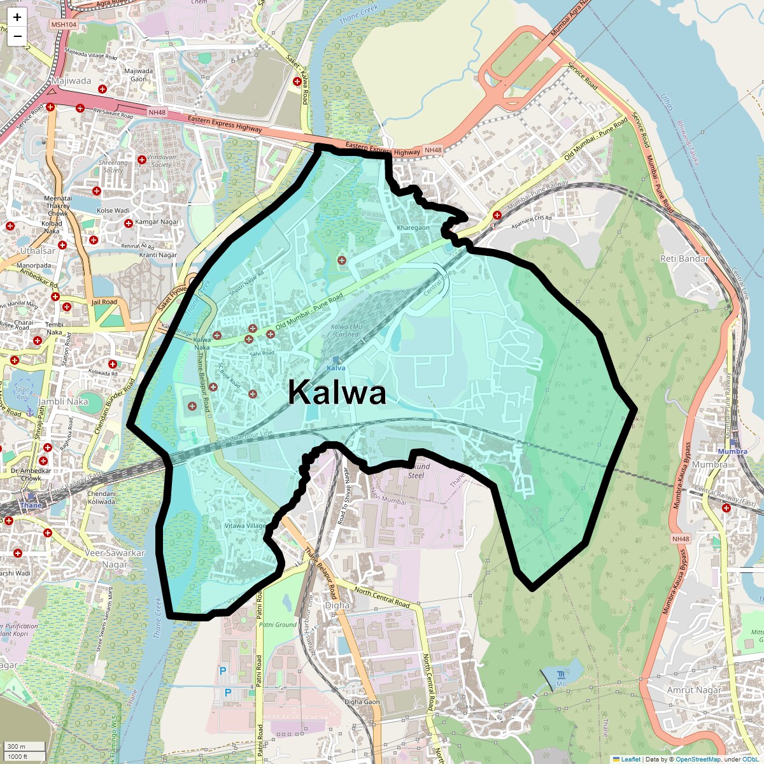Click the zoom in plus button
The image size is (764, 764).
pos(17,18)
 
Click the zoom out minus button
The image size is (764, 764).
pos(17,36)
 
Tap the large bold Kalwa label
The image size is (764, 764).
pos(337,393)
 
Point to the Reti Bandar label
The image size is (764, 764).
pos(684,258)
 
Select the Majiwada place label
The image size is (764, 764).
pos(71,81)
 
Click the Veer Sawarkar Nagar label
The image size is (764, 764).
pos(115,558)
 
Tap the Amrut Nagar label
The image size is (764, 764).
pos(694,690)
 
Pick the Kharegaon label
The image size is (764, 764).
pos(413,228)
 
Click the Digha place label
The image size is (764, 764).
pos(337,605)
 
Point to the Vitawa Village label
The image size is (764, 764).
pos(245,526)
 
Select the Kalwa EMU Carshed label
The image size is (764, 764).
pos(347,330)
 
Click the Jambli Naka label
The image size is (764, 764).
pos(64,401)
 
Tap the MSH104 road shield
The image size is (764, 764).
pos(64,25)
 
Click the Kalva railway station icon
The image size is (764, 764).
pos(336,360)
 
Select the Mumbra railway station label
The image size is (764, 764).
pos(732,451)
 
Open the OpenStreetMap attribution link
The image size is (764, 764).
pos(698,759)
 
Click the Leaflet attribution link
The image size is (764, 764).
pos(630,759)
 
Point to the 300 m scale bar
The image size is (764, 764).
pos(24,746)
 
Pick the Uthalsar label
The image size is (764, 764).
pos(38,251)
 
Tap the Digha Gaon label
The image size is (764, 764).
pos(362,702)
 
